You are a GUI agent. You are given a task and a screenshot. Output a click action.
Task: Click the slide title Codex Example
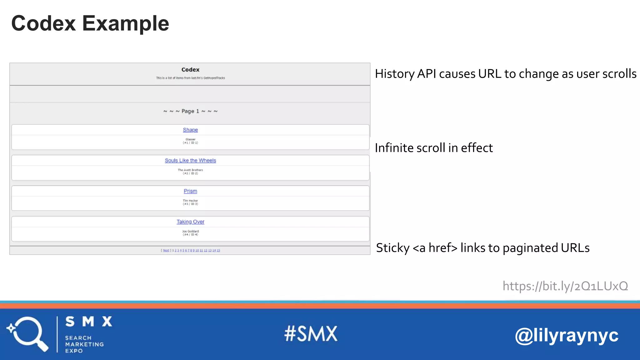pos(90,23)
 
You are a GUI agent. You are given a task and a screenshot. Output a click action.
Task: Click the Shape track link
pos(190,130)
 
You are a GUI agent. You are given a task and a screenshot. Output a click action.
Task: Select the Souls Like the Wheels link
pos(190,160)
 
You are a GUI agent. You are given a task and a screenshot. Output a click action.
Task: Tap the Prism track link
pos(190,191)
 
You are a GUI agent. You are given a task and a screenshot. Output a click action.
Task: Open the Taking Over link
pos(190,222)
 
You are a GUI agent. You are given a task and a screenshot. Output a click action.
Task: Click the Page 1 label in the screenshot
pos(190,111)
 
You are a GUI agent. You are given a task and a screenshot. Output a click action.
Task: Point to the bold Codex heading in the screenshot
pos(190,70)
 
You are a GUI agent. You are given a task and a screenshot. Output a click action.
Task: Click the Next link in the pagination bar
pos(166,250)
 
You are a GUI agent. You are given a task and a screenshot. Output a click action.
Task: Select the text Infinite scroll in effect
pos(434,148)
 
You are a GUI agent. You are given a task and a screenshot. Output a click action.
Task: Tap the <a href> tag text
pos(435,248)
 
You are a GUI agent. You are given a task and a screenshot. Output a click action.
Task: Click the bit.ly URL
pos(565,286)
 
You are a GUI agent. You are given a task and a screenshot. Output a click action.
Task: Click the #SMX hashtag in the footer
pos(311,333)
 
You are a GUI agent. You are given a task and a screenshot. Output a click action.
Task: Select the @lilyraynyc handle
pos(566,335)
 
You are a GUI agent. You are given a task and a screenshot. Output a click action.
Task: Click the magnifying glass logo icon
pos(27,334)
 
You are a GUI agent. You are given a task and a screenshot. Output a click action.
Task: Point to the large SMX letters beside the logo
pos(89,322)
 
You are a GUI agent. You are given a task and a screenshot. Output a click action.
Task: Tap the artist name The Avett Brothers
pos(190,170)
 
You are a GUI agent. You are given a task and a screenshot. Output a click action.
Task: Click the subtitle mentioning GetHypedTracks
pos(190,78)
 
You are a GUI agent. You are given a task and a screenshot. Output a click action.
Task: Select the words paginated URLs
pos(546,248)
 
